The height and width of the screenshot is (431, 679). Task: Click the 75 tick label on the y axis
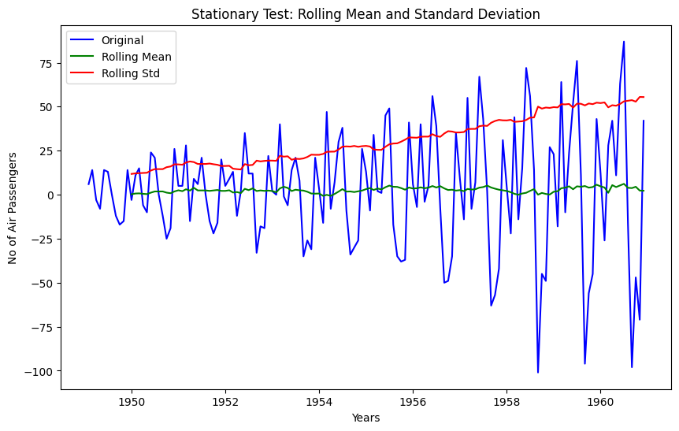point(46,63)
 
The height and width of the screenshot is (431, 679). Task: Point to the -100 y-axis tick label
point(41,371)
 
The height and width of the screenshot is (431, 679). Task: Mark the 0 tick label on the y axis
point(50,195)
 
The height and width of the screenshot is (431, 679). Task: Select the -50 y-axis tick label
point(43,284)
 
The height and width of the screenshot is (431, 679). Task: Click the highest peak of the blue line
point(624,42)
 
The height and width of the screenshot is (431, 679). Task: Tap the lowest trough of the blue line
point(538,372)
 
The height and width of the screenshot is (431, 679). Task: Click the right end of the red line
point(644,97)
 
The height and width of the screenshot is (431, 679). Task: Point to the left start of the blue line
point(88,184)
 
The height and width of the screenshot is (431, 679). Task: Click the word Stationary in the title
point(223,14)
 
